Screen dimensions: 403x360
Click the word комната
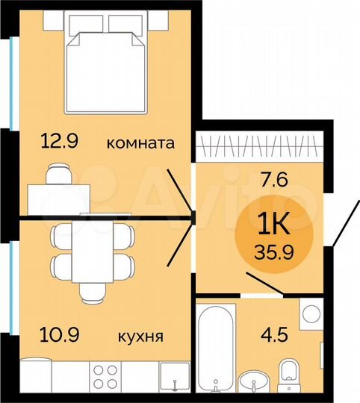coord(140,143)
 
